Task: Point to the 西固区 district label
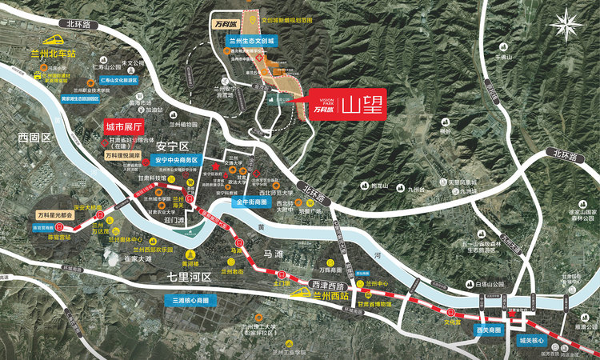[x=34, y=138]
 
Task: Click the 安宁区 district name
[x=172, y=146]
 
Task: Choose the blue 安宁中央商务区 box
[x=170, y=159]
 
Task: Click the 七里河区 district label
[x=188, y=277]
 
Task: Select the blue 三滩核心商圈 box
[x=190, y=301]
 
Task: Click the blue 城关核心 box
[x=530, y=341]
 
